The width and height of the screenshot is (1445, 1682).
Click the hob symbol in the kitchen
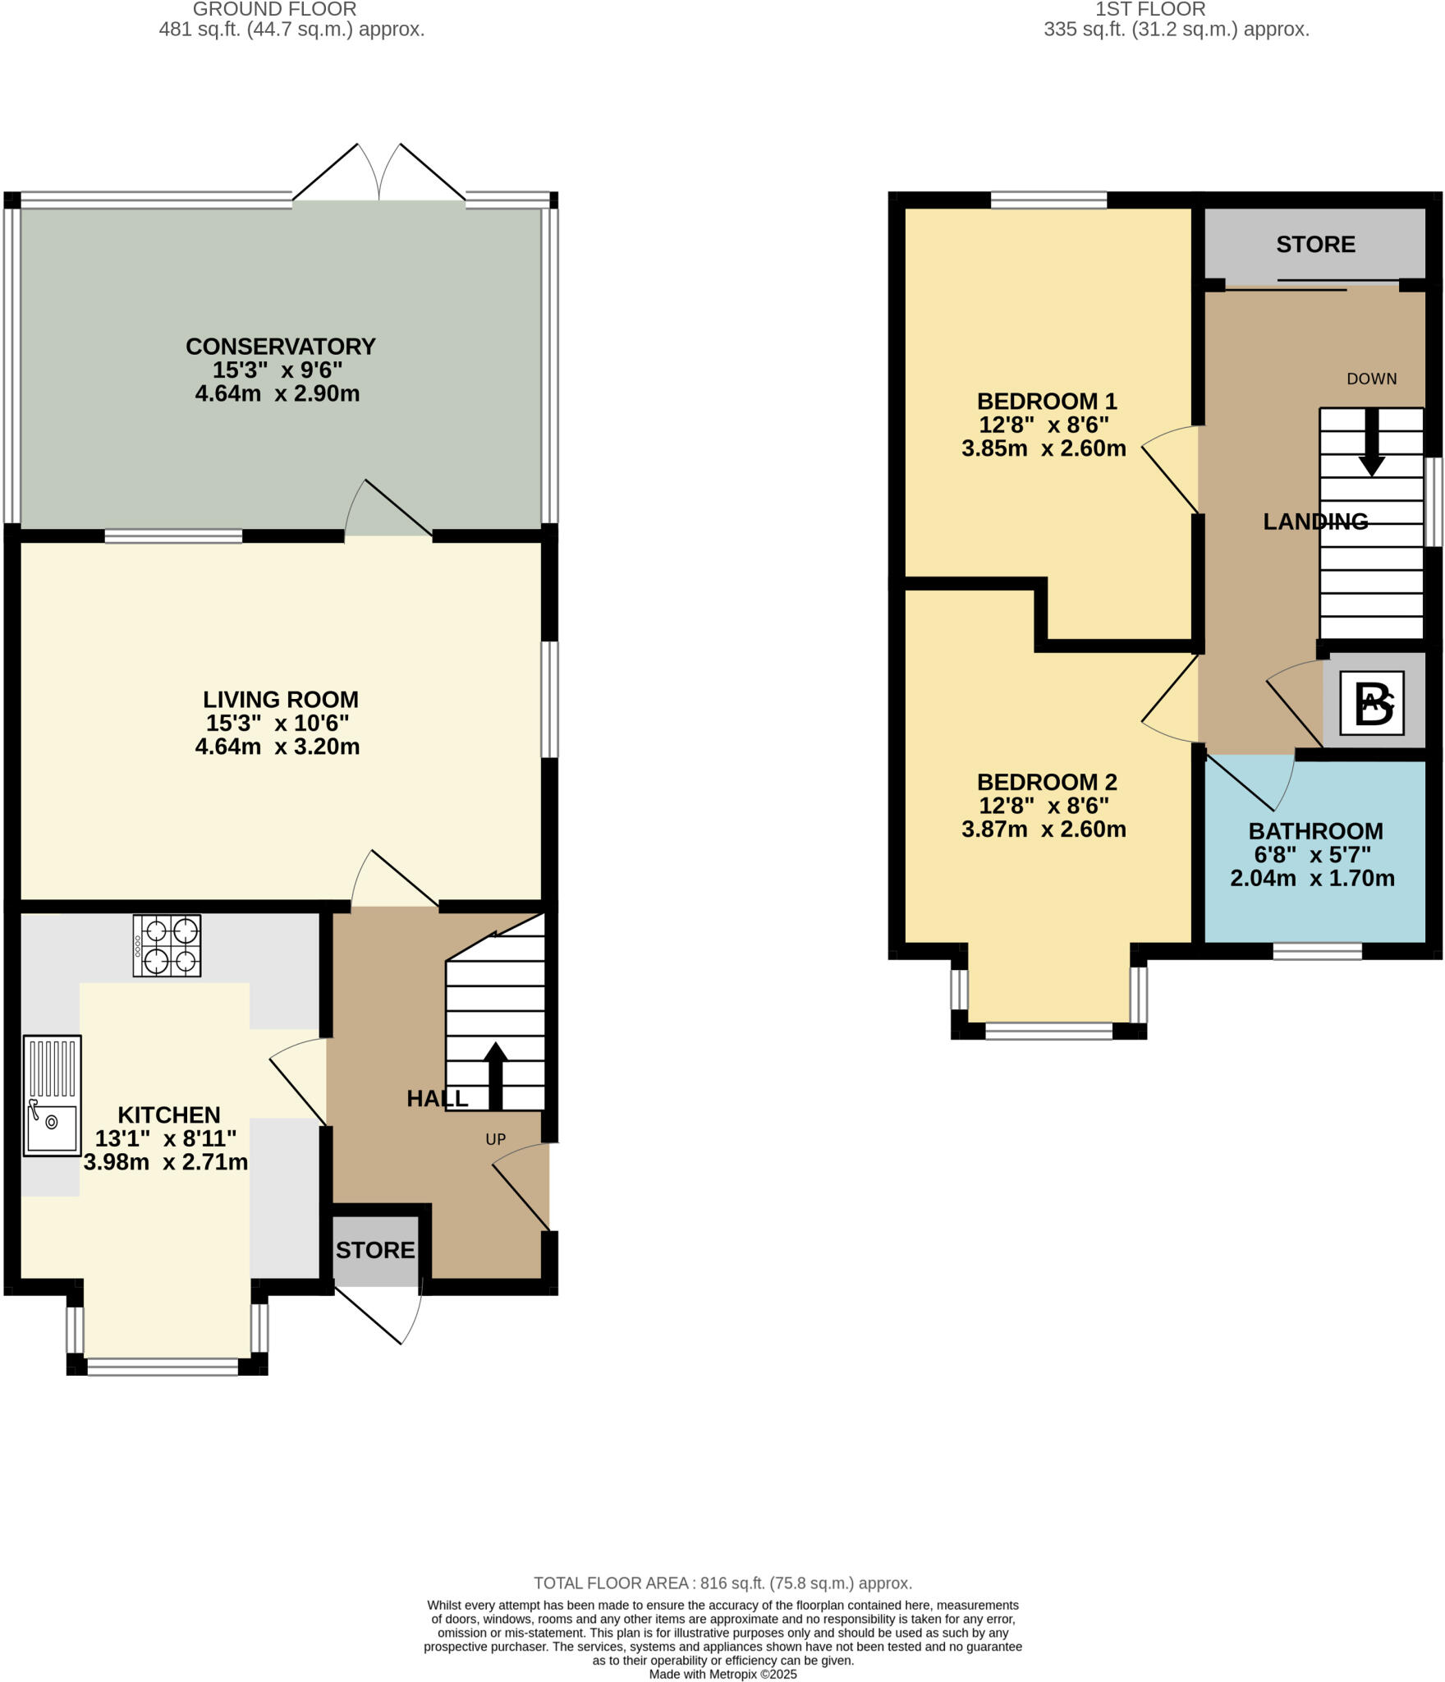pyautogui.click(x=167, y=945)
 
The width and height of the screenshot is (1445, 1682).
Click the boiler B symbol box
pyautogui.click(x=1372, y=703)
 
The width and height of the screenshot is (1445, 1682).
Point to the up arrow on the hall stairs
pyautogui.click(x=494, y=1075)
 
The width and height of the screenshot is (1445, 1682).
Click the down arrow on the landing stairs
pyautogui.click(x=1371, y=443)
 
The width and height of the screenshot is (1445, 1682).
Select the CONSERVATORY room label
pyautogui.click(x=280, y=347)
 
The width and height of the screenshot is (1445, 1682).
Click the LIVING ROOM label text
pyautogui.click(x=280, y=700)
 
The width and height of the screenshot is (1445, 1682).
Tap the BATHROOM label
pyautogui.click(x=1315, y=831)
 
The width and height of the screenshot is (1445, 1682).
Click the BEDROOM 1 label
pyautogui.click(x=1046, y=402)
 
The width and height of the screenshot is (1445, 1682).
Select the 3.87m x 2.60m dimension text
pyautogui.click(x=1043, y=830)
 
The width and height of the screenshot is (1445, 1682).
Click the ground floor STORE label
pyautogui.click(x=375, y=1250)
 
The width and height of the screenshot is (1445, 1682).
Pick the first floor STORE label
pyautogui.click(x=1315, y=245)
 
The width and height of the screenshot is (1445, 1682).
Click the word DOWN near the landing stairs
pyautogui.click(x=1371, y=379)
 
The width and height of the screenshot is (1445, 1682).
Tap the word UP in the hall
pyautogui.click(x=495, y=1139)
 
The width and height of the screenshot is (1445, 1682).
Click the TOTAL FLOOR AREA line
pyautogui.click(x=722, y=1583)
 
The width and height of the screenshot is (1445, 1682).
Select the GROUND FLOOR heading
pyautogui.click(x=274, y=10)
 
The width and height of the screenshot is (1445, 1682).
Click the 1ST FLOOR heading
pyautogui.click(x=1149, y=10)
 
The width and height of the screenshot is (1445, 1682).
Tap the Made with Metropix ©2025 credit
pyautogui.click(x=722, y=1674)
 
